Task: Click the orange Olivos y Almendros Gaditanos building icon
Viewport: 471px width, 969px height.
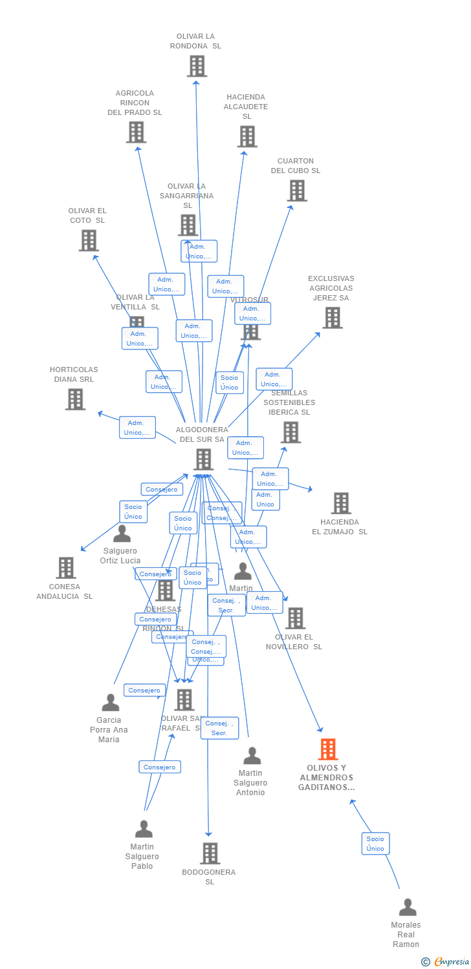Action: point(328,749)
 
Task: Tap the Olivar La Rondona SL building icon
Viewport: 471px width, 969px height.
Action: point(197,66)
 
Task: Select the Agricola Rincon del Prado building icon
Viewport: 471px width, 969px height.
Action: point(136,132)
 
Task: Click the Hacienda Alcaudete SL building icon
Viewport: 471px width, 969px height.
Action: point(246,136)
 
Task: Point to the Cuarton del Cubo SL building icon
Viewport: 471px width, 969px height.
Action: point(296,191)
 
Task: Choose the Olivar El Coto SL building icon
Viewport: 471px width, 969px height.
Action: point(88,240)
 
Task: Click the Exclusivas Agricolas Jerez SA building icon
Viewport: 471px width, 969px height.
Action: point(332,318)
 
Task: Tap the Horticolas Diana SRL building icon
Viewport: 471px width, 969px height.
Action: point(75,399)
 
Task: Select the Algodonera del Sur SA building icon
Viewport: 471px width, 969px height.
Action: point(203,459)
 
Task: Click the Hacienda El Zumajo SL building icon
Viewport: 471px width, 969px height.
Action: point(340,503)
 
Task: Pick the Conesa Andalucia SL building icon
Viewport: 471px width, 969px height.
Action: point(65,568)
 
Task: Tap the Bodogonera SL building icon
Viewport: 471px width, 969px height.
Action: point(210,853)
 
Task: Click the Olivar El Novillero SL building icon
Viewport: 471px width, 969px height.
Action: point(295,618)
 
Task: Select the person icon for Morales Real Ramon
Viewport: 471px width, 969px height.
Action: point(407,907)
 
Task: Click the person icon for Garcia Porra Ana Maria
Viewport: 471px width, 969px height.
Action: point(110,702)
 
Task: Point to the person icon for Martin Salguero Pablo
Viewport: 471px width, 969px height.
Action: point(144,829)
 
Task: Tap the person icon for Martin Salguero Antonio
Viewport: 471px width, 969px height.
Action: point(252,756)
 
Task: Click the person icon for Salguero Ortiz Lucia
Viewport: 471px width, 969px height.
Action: point(122,534)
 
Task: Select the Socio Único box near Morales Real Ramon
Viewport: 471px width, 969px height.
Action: point(375,844)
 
